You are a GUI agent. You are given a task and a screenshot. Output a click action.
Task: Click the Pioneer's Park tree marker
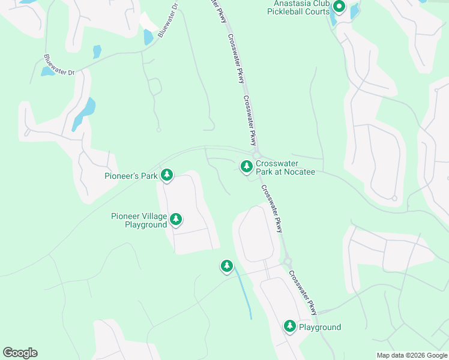click(167, 175)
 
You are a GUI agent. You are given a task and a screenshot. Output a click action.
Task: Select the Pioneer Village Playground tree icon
click(176, 219)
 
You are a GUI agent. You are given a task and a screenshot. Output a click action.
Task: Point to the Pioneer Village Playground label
click(139, 220)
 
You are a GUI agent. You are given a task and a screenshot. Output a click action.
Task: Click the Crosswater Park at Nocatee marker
click(246, 167)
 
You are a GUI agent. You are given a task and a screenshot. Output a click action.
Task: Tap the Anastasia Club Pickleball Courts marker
click(339, 7)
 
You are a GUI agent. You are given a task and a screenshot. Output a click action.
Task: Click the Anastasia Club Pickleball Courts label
click(298, 7)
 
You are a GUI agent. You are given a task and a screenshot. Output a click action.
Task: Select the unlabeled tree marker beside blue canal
click(226, 266)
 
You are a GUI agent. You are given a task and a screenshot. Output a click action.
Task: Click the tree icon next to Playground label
click(290, 326)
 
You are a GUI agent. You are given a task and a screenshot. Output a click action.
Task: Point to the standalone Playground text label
click(320, 327)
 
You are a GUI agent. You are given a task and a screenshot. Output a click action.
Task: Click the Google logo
click(20, 353)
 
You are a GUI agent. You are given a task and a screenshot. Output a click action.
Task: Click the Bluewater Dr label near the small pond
click(59, 65)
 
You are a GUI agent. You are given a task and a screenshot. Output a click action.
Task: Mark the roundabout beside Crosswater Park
click(256, 155)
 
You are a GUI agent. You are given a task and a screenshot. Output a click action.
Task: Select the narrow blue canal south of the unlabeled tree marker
click(244, 293)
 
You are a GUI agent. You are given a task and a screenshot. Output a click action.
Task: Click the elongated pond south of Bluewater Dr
click(83, 113)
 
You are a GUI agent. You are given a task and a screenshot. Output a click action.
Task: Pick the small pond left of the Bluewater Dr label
click(47, 71)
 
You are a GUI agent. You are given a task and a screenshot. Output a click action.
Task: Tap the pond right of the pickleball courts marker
click(354, 11)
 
